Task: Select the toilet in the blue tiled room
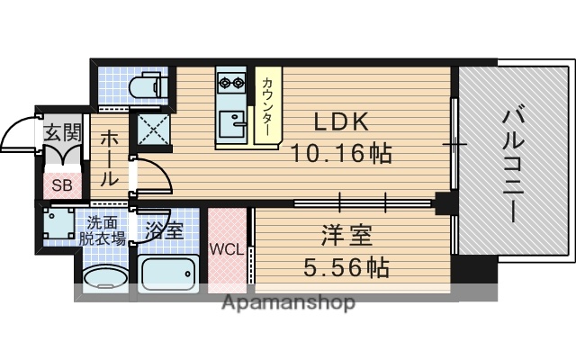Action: tap(147, 87)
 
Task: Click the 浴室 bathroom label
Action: tap(163, 230)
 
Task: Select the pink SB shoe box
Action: tap(61, 186)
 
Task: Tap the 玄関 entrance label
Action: tap(63, 134)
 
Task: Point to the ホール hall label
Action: tap(109, 158)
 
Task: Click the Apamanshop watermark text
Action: tap(288, 302)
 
